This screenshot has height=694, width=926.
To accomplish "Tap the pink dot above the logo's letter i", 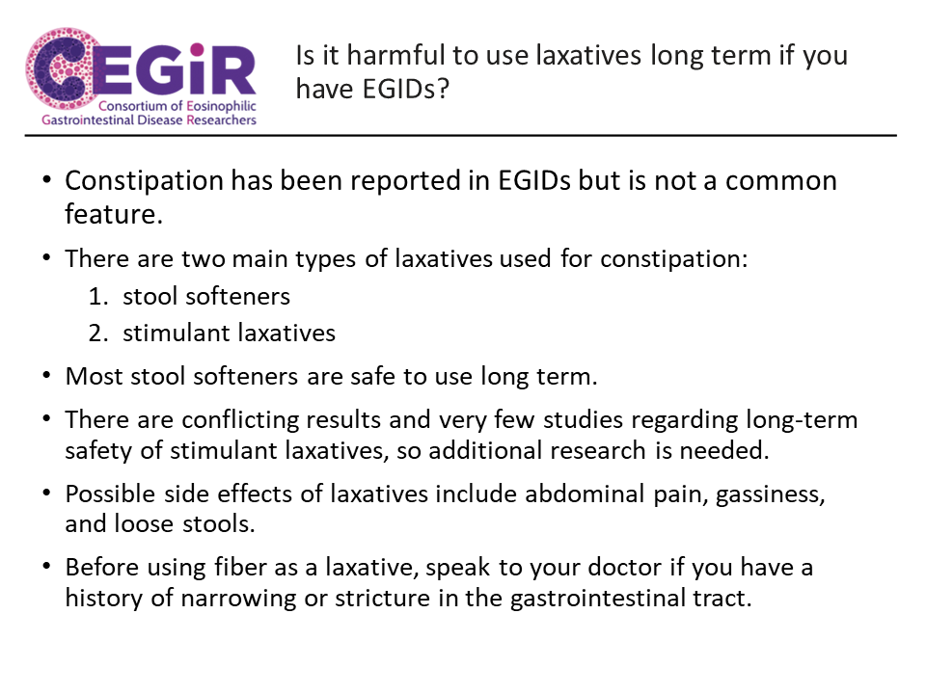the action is pos(197,49).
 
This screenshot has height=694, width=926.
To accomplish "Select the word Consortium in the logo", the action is pos(133,106).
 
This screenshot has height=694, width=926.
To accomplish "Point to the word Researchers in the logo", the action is pos(222,120).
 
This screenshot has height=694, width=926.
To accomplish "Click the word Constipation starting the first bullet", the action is pos(144,181).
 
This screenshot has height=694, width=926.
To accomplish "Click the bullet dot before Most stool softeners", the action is pos(46,376).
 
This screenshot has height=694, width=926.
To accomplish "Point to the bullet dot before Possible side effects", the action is pos(46,493).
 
